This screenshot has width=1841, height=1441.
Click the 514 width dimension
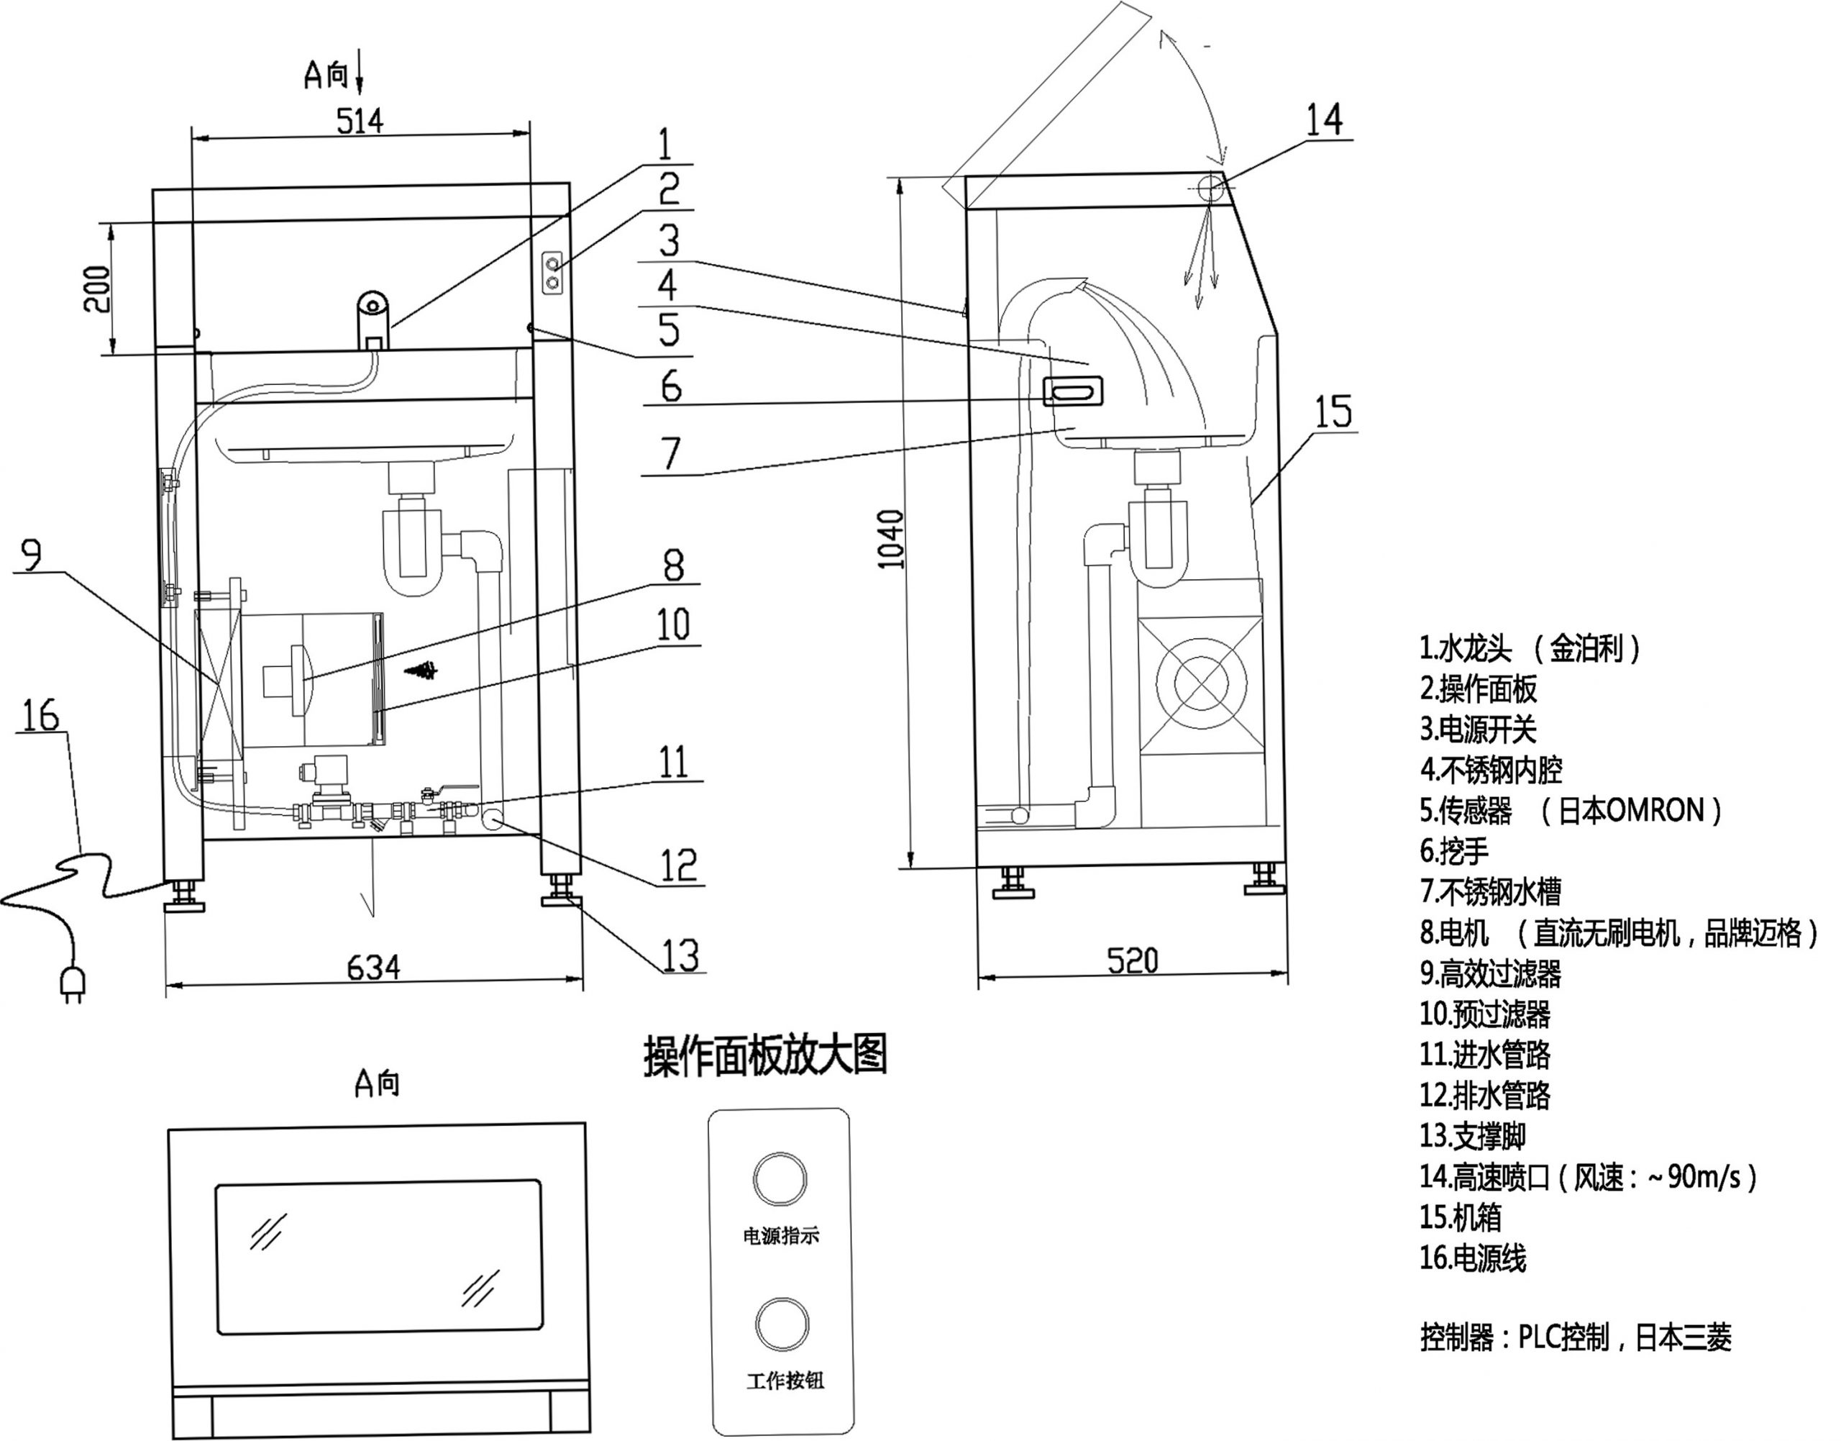pos(360,121)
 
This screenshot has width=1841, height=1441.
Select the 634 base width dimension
pos(374,967)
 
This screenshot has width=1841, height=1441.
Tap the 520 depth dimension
pos(1132,960)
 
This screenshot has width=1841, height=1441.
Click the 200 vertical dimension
pos(98,288)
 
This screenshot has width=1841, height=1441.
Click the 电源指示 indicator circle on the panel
pos(780,1179)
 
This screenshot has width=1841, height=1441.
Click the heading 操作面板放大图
pos(765,1055)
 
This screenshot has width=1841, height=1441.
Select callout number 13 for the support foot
pos(680,955)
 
